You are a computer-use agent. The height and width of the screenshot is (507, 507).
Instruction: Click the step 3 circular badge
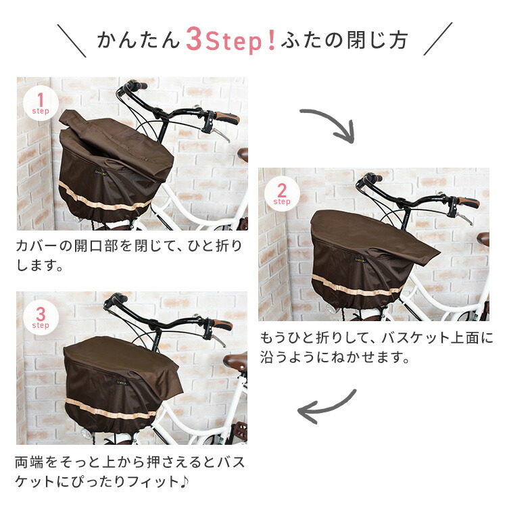coord(41,318)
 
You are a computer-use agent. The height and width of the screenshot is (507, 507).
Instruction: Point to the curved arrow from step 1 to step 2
coord(329,124)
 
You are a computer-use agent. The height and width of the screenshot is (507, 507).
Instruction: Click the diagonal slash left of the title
coord(71,41)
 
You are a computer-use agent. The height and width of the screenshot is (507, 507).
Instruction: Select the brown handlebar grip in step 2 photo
coord(468,202)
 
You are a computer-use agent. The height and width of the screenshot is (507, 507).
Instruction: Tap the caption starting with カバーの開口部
coord(128,254)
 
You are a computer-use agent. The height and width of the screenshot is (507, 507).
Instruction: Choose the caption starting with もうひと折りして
coord(377,347)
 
